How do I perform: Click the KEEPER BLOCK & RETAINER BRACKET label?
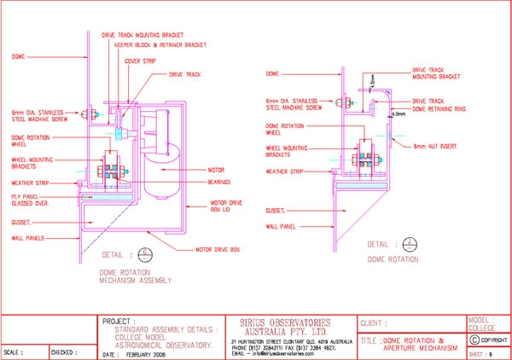[x=162, y=44]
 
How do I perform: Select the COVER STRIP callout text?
[x=140, y=61]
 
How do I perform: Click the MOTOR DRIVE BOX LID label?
[x=228, y=206]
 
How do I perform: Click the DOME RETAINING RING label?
[x=442, y=109]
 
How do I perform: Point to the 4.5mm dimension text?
[x=373, y=79]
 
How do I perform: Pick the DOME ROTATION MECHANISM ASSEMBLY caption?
[x=129, y=276]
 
